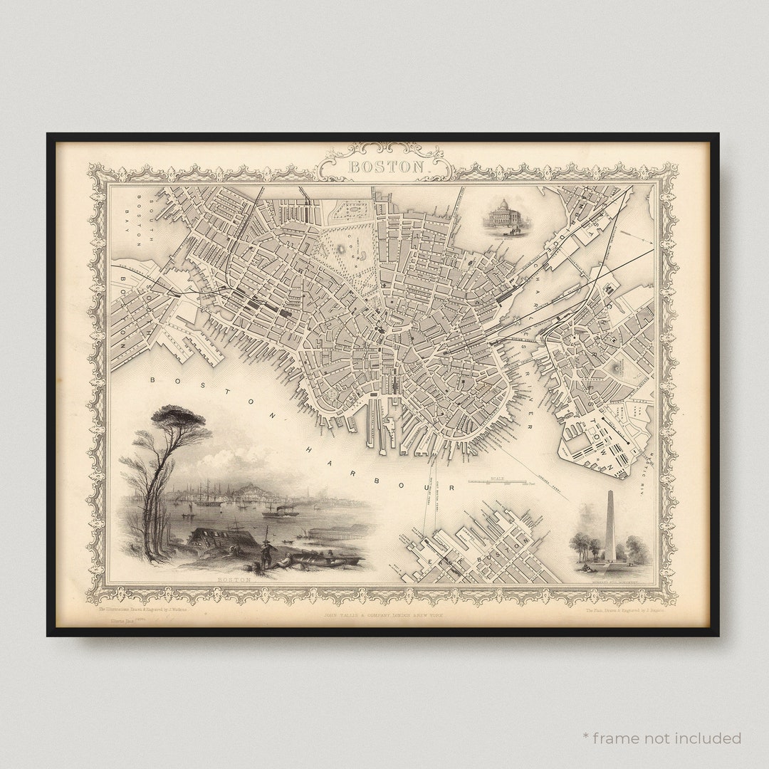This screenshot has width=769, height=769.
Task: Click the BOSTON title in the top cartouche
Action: (385, 167)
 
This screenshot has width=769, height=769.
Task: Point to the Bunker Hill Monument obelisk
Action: (610, 526)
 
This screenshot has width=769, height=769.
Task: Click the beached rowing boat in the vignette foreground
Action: (324, 560)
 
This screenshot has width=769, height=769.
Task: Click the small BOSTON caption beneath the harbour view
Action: (234, 580)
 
